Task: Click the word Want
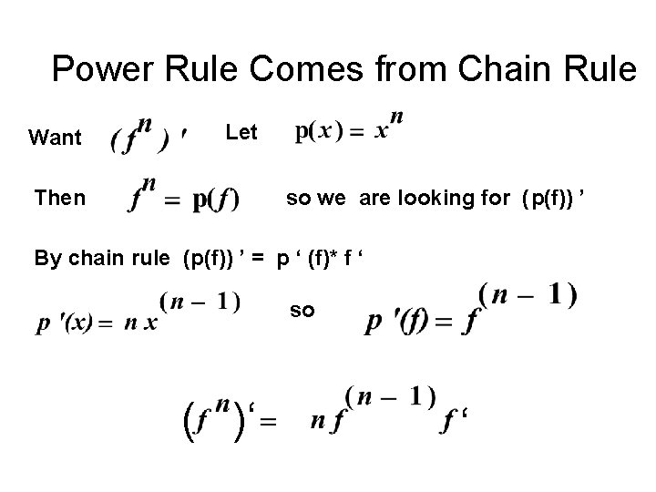pos(55,138)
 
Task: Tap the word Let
pos(241,133)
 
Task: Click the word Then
pos(59,198)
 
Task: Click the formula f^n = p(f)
pos(183,194)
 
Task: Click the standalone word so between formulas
pos(302,311)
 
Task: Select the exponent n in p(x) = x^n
pos(396,118)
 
